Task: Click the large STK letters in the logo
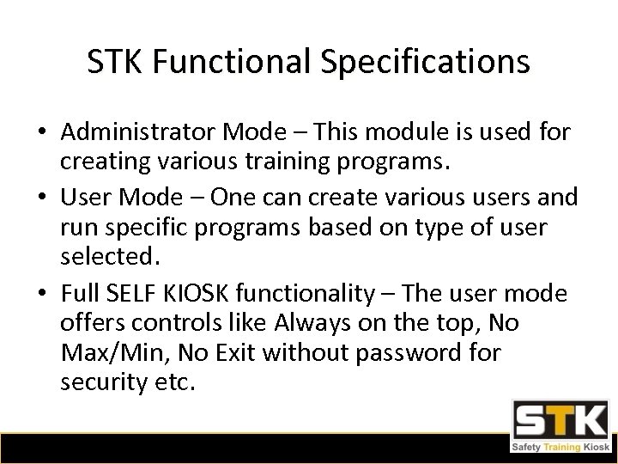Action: [557, 420]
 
